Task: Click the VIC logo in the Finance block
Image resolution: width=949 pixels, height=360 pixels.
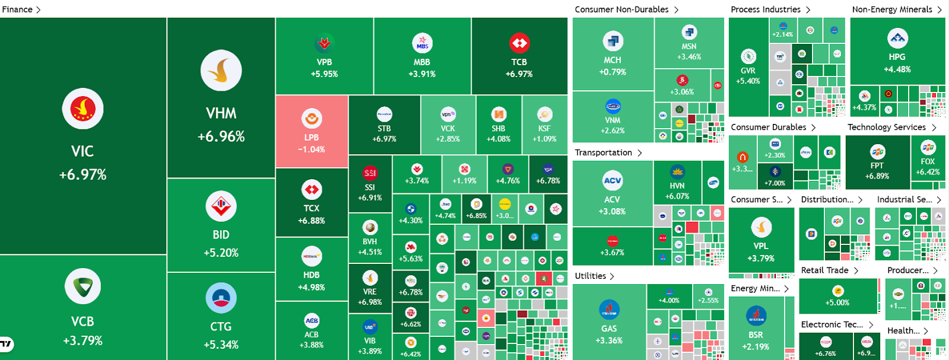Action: pyautogui.click(x=82, y=109)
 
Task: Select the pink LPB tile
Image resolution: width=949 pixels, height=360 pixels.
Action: pyautogui.click(x=311, y=131)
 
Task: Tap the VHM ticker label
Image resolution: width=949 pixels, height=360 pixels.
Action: pyautogui.click(x=221, y=113)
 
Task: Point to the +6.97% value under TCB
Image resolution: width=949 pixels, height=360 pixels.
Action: pyautogui.click(x=519, y=74)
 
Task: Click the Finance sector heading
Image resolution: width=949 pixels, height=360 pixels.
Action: pyautogui.click(x=17, y=9)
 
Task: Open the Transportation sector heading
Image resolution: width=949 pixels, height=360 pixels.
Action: pyautogui.click(x=603, y=152)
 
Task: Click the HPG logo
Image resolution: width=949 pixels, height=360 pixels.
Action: pyautogui.click(x=897, y=39)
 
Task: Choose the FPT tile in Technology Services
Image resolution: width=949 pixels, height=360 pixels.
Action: pyautogui.click(x=877, y=162)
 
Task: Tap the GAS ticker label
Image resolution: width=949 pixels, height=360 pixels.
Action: pyautogui.click(x=609, y=329)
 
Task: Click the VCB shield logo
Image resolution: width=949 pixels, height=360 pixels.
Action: pyautogui.click(x=82, y=286)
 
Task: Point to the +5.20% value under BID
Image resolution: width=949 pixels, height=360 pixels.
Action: pyautogui.click(x=221, y=253)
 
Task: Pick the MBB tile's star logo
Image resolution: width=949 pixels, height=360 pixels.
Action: pyautogui.click(x=422, y=43)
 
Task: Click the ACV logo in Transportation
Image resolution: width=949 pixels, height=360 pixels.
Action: pyautogui.click(x=612, y=180)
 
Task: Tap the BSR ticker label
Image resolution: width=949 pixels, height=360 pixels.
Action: pyautogui.click(x=756, y=335)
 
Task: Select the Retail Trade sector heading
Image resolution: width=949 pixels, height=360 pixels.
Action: pyautogui.click(x=824, y=270)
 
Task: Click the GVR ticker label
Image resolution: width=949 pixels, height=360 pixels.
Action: pyautogui.click(x=748, y=71)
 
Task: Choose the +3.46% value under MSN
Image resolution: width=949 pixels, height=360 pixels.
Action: pyautogui.click(x=689, y=57)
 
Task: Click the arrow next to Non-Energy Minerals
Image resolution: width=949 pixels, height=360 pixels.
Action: pyautogui.click(x=940, y=9)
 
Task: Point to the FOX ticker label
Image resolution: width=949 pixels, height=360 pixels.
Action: pyautogui.click(x=928, y=161)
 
